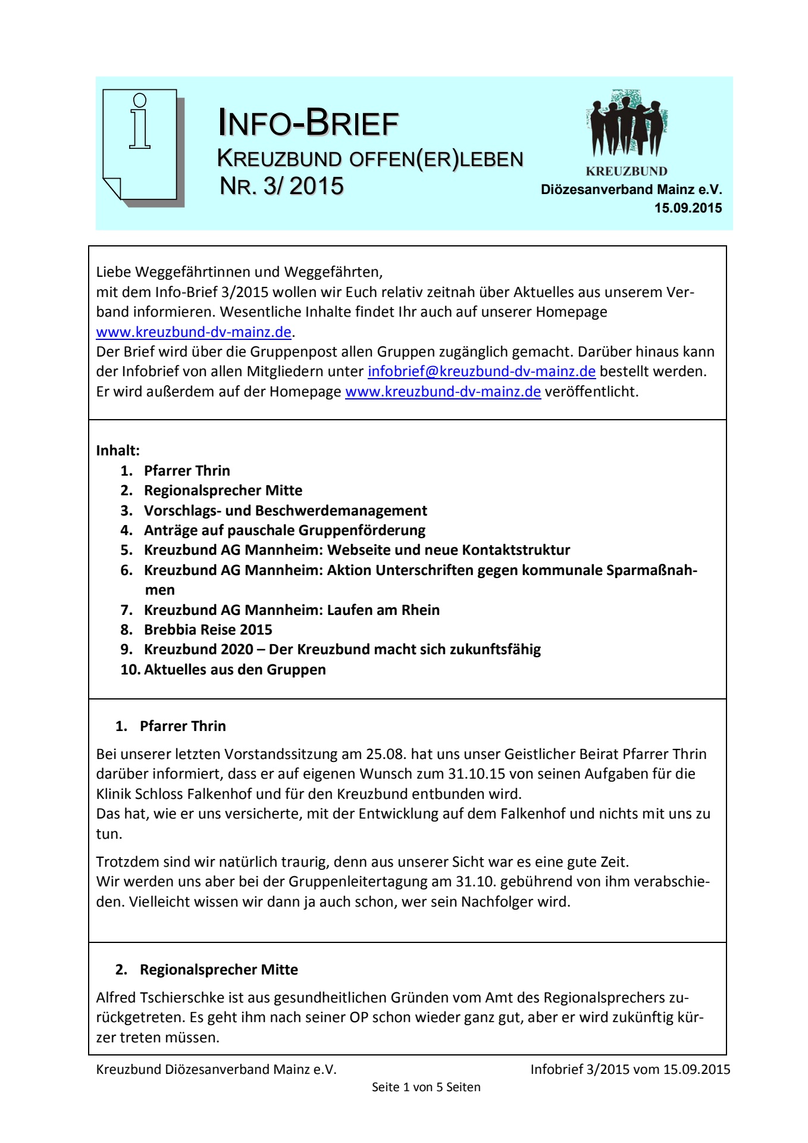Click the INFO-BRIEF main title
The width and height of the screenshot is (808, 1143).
pyautogui.click(x=308, y=123)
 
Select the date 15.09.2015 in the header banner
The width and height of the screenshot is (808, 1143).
pyautogui.click(x=688, y=208)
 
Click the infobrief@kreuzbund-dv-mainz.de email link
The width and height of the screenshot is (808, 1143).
pyautogui.click(x=481, y=371)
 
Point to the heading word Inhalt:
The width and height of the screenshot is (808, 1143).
pyautogui.click(x=118, y=451)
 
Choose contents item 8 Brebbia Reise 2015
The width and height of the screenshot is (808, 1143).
pyautogui.click(x=208, y=630)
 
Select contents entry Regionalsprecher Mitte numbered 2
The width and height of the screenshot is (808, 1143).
pyautogui.click(x=223, y=491)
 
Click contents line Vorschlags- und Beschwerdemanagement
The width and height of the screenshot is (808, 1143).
pyautogui.click(x=285, y=511)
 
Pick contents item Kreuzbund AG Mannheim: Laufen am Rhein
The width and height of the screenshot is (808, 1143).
pyautogui.click(x=292, y=610)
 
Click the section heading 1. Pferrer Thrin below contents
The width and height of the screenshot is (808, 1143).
pyautogui.click(x=182, y=726)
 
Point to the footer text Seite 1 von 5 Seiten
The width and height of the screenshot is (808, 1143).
pyautogui.click(x=426, y=1087)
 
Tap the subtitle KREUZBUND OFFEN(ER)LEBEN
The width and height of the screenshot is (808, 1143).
pyautogui.click(x=370, y=159)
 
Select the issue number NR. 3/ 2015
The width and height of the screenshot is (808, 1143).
pyautogui.click(x=281, y=186)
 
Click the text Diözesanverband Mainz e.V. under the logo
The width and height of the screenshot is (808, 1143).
pyautogui.click(x=631, y=190)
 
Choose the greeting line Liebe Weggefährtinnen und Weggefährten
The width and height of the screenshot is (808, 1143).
pyautogui.click(x=239, y=272)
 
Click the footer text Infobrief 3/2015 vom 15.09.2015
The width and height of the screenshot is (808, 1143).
pyautogui.click(x=630, y=1069)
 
